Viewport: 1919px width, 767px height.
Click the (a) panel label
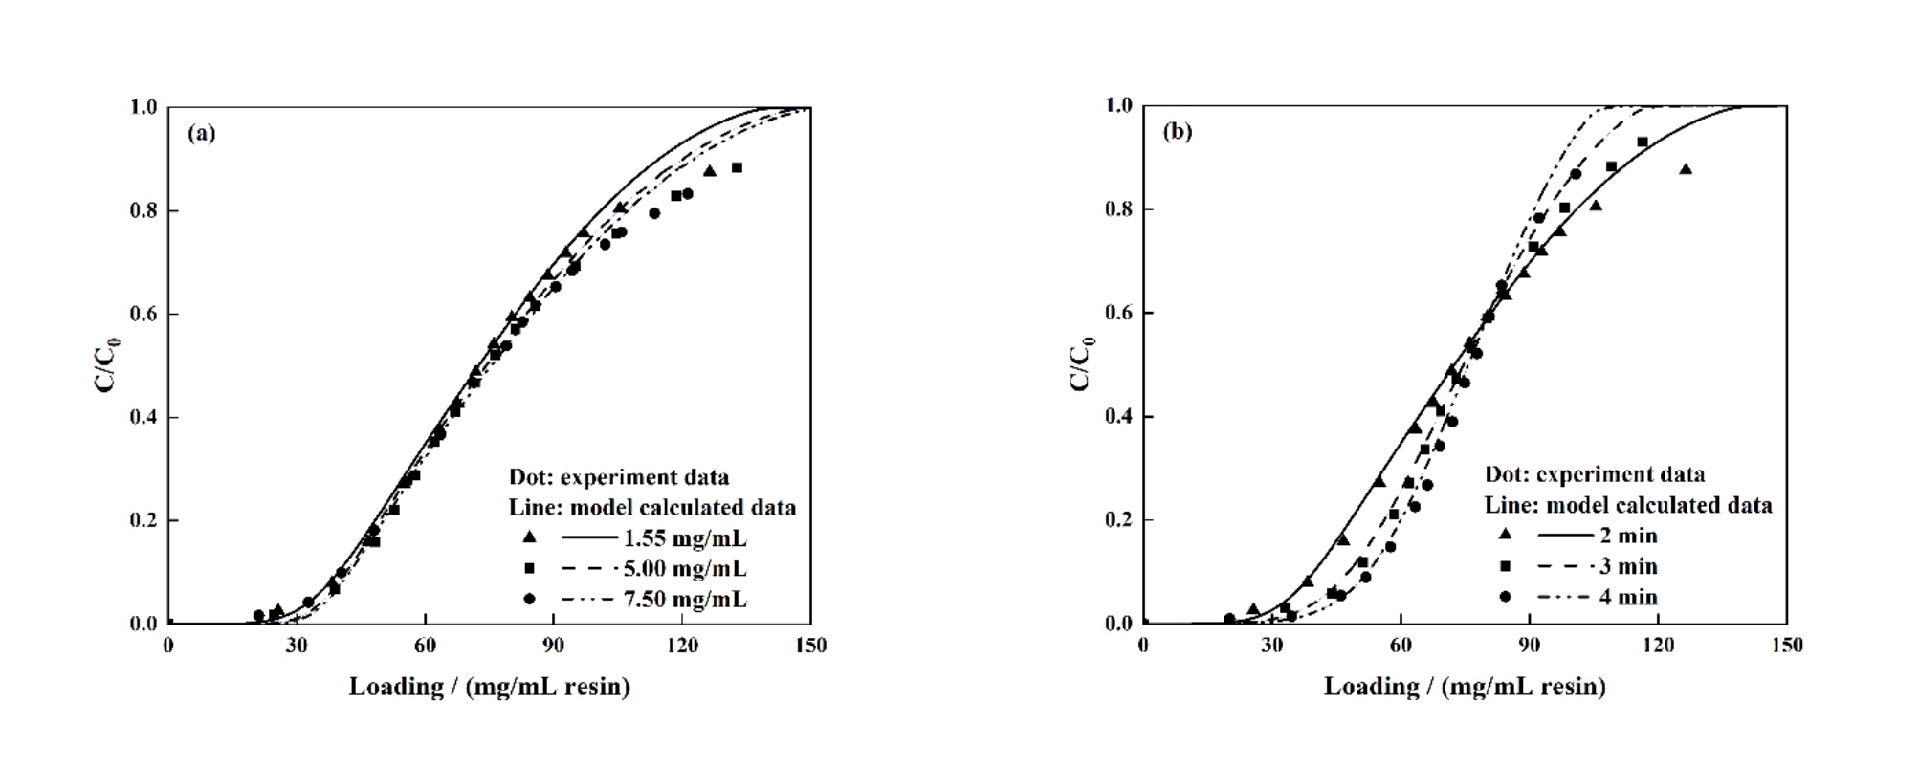pos(202,133)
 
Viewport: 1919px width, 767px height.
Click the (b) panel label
pos(1177,131)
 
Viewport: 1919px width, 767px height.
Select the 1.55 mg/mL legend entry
pos(684,538)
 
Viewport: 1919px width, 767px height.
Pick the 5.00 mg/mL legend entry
pos(684,569)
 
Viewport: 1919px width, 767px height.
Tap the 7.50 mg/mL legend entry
pos(684,600)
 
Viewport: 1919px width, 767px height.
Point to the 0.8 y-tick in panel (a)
pos(143,210)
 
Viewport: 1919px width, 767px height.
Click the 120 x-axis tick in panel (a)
pos(682,646)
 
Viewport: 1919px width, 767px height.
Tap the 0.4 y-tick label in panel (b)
pos(1118,417)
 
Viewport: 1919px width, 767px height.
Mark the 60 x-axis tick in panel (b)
pos(1401,646)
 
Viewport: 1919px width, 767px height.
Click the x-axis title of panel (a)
pos(489,687)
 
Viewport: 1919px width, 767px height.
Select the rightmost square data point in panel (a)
pos(737,167)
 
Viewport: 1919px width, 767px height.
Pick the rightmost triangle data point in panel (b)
pos(1686,169)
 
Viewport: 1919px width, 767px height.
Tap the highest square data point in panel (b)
pos(1643,142)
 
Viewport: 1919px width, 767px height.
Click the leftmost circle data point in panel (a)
pos(258,615)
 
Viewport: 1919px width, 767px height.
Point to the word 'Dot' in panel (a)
pos(528,477)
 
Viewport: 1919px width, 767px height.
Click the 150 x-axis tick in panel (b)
pos(1786,646)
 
